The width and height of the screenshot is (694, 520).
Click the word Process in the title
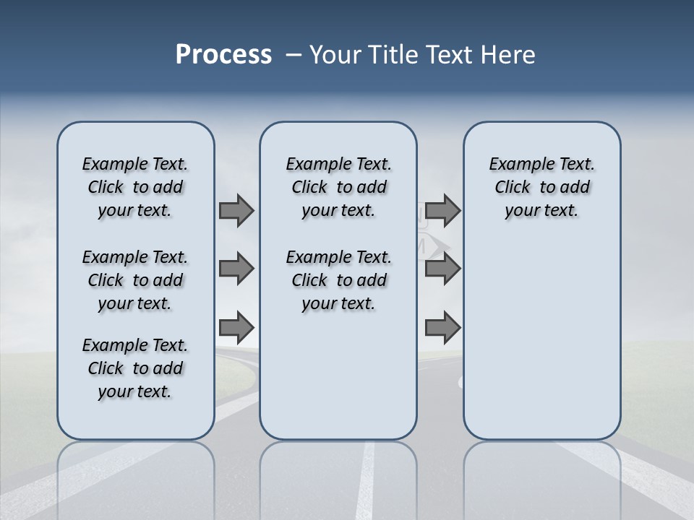[x=223, y=55]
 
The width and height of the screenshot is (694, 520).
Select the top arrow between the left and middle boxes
[x=236, y=210]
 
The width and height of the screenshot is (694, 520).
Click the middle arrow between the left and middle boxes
[x=236, y=269]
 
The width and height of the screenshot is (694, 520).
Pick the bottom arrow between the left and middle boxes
[x=236, y=328]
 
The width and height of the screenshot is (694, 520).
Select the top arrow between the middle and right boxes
[x=442, y=210]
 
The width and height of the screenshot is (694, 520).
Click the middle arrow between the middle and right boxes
[x=442, y=269]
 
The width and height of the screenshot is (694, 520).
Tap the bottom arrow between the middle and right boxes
[x=442, y=328]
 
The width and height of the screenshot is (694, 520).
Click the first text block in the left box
[x=135, y=187]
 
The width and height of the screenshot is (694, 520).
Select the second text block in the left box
[x=135, y=280]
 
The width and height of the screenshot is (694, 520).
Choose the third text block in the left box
[x=135, y=368]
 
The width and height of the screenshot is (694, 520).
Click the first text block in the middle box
[x=338, y=187]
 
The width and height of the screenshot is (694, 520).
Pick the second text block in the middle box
[x=338, y=280]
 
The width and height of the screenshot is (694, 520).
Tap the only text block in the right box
[x=541, y=187]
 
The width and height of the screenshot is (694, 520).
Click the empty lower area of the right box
[x=541, y=339]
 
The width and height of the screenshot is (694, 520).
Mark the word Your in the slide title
[x=335, y=55]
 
